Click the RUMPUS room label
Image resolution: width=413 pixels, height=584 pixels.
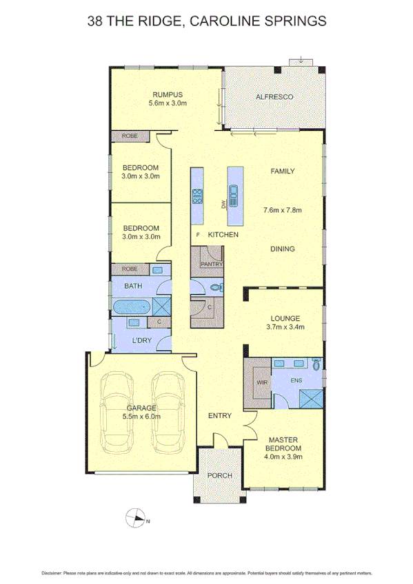(x=168, y=95)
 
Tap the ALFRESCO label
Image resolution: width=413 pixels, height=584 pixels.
(x=274, y=97)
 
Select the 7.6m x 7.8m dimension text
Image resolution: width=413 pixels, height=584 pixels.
(x=283, y=210)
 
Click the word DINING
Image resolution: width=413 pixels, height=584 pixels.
(x=283, y=249)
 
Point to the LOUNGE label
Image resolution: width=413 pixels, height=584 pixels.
(x=284, y=318)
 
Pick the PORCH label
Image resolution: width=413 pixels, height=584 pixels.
(x=220, y=476)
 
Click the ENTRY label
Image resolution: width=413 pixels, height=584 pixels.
(x=219, y=415)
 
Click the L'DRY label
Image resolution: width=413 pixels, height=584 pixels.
(x=142, y=340)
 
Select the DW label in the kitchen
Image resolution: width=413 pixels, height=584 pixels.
(x=223, y=205)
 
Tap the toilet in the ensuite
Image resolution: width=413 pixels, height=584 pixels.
(x=316, y=365)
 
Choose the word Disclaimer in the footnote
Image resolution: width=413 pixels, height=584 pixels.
(x=52, y=573)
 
